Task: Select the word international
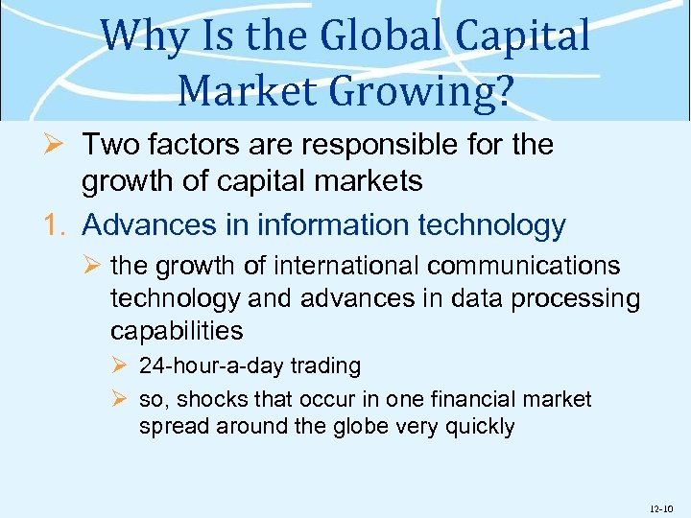(343, 265)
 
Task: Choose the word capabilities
(177, 331)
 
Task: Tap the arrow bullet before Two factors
(54, 146)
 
